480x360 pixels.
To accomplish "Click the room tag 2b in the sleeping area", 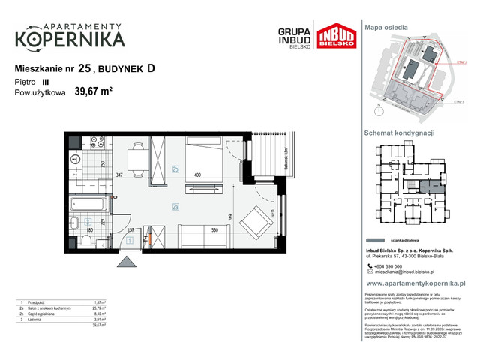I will tap(175, 169).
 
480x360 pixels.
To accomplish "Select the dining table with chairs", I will tap(136, 158).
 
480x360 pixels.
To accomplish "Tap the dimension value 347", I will tap(118, 175).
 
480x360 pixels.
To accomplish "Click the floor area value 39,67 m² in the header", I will tap(93, 92).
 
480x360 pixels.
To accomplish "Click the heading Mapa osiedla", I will tap(386, 27).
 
